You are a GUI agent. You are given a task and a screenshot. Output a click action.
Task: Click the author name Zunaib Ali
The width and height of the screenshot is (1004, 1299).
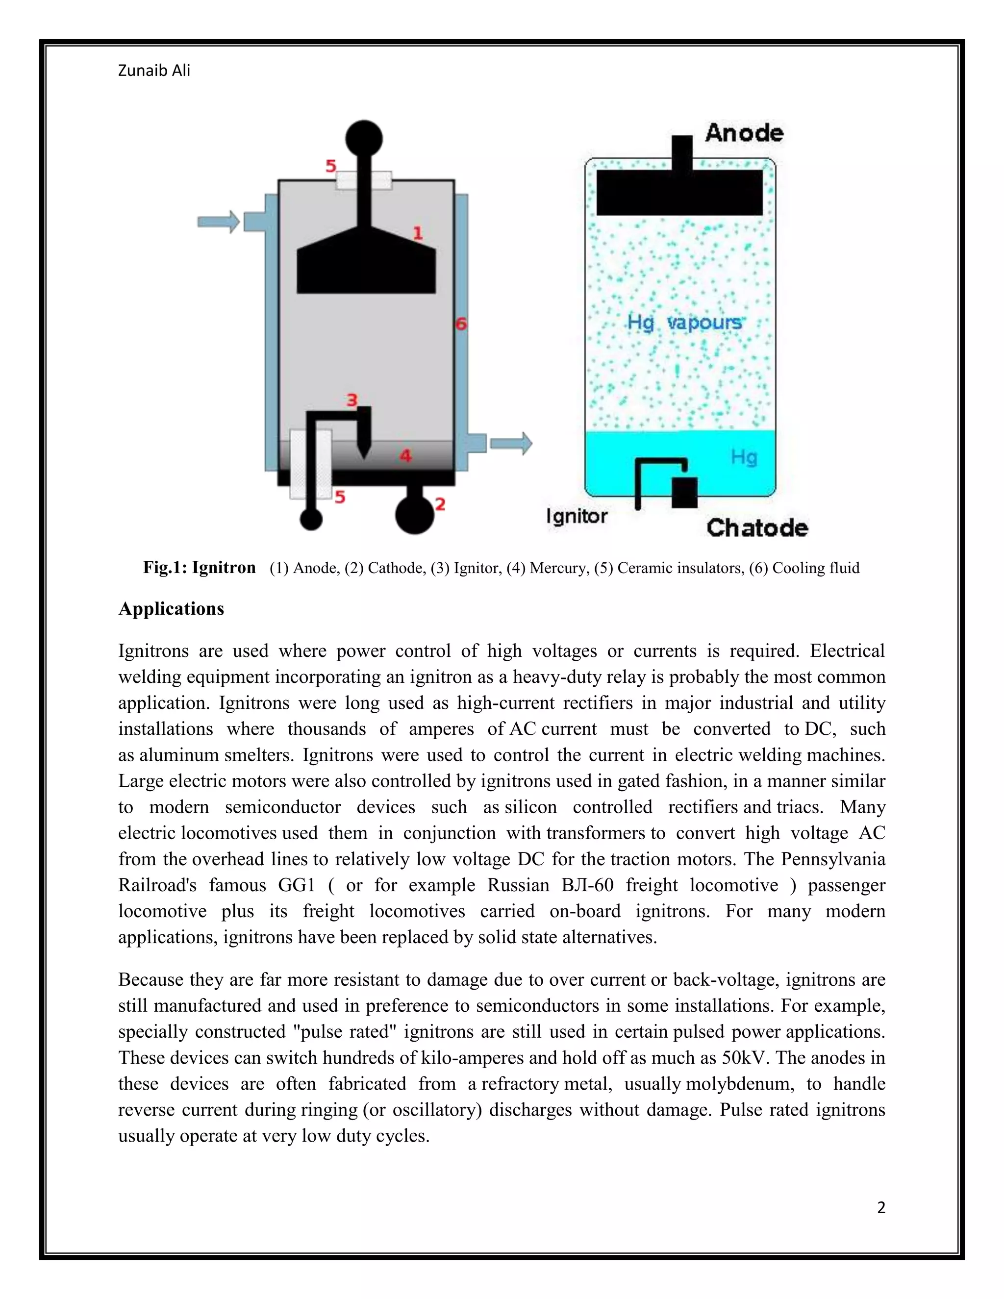[x=154, y=71]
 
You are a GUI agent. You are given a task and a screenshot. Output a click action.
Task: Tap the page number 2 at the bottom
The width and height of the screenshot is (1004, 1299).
[x=881, y=1207]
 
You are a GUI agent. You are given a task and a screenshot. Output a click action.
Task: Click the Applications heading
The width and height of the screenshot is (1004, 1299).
[x=171, y=608]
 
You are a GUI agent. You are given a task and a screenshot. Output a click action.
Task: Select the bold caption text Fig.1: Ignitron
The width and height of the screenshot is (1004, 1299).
[x=199, y=568]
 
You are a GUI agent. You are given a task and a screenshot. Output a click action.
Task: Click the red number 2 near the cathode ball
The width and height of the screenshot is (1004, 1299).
[x=440, y=504]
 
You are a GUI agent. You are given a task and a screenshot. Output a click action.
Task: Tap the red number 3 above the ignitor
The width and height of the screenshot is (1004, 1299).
[x=352, y=399]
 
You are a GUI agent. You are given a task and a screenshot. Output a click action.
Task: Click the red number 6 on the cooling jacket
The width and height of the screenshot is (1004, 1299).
[x=460, y=324]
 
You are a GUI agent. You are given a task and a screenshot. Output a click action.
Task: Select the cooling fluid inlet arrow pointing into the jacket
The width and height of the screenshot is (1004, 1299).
[x=218, y=222]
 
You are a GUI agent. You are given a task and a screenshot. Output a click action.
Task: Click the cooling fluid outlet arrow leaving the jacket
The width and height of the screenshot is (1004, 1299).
[x=511, y=443]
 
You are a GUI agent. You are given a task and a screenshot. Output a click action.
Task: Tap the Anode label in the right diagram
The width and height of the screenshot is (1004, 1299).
[x=744, y=133]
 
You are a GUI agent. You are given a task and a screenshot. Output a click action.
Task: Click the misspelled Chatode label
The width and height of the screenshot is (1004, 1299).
[x=757, y=527]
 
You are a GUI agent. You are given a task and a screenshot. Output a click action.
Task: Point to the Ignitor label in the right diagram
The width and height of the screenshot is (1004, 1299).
[x=577, y=516]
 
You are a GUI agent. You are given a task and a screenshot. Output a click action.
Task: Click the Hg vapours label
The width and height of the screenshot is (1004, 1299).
[x=684, y=323]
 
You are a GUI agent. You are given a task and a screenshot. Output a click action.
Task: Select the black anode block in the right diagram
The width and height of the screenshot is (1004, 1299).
[x=679, y=192]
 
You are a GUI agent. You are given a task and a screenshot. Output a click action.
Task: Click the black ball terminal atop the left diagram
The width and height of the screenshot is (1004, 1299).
[x=364, y=137]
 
